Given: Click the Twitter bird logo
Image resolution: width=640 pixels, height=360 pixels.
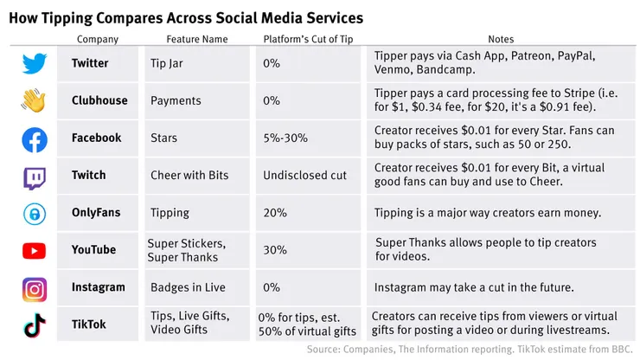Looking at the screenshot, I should [34, 63].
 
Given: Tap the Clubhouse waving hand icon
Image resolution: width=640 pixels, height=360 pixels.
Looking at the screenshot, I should [34, 100].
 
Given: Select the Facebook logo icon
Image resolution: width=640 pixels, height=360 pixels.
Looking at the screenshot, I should [34, 138].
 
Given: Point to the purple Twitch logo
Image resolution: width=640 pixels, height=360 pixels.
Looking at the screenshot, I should [34, 177].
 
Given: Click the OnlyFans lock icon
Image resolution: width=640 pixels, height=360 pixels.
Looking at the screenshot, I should [34, 214].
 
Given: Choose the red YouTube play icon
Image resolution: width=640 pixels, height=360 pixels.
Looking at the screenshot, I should [34, 251].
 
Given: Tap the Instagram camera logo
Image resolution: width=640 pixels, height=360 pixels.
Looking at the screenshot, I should [34, 288].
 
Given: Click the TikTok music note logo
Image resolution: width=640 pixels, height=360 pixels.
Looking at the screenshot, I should [34, 325].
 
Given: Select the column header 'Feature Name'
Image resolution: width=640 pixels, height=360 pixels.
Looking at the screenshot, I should [197, 39].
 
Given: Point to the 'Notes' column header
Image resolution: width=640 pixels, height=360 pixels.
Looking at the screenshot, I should [500, 39].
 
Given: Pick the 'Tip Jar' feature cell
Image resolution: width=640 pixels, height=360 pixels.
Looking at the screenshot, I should [166, 63].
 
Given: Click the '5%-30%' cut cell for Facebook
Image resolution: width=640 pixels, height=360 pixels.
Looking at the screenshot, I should [285, 138].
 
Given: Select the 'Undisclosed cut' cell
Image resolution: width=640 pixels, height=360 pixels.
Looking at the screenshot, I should [304, 176].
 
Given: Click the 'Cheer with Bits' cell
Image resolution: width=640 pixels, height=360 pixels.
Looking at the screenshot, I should [189, 176].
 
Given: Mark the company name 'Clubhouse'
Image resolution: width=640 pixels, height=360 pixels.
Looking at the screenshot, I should [99, 100].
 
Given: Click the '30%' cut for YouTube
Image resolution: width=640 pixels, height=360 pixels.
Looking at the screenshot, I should [274, 250].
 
